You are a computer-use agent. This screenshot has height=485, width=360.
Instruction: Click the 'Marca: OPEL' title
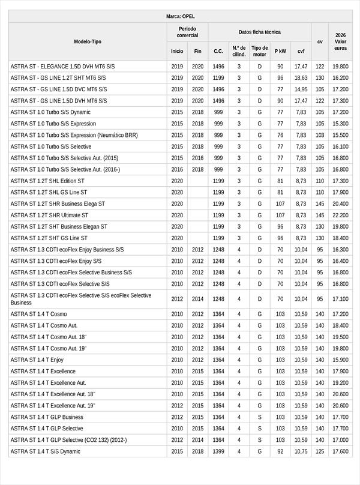coord(180,16)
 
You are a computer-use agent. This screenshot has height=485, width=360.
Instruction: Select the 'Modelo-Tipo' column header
coord(88,42)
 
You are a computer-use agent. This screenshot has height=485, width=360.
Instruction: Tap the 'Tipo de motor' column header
coord(260,51)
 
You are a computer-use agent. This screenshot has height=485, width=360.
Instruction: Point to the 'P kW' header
coord(280,52)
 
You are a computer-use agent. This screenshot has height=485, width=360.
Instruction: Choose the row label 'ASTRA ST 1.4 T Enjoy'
coord(37,360)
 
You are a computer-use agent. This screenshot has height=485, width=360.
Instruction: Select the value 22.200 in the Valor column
coord(341,215)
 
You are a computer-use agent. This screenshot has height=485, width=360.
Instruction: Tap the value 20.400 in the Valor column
coord(341,203)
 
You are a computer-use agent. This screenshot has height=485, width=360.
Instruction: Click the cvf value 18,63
coord(301,77)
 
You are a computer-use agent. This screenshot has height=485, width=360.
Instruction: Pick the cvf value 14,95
coord(301,89)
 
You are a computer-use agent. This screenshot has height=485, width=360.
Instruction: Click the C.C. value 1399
coord(218,451)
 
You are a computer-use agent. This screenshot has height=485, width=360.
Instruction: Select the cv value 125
coord(320,451)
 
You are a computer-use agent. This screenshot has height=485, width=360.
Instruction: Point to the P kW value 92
coord(280,451)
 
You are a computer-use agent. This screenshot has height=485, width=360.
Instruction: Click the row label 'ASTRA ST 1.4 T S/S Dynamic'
coord(46,451)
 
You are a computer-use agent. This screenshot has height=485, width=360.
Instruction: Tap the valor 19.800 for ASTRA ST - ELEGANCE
coord(341,66)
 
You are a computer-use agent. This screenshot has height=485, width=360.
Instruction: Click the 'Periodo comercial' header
coord(187,32)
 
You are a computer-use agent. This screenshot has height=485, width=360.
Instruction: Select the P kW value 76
coord(280,135)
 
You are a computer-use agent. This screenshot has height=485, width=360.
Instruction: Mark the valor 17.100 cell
coord(341,299)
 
